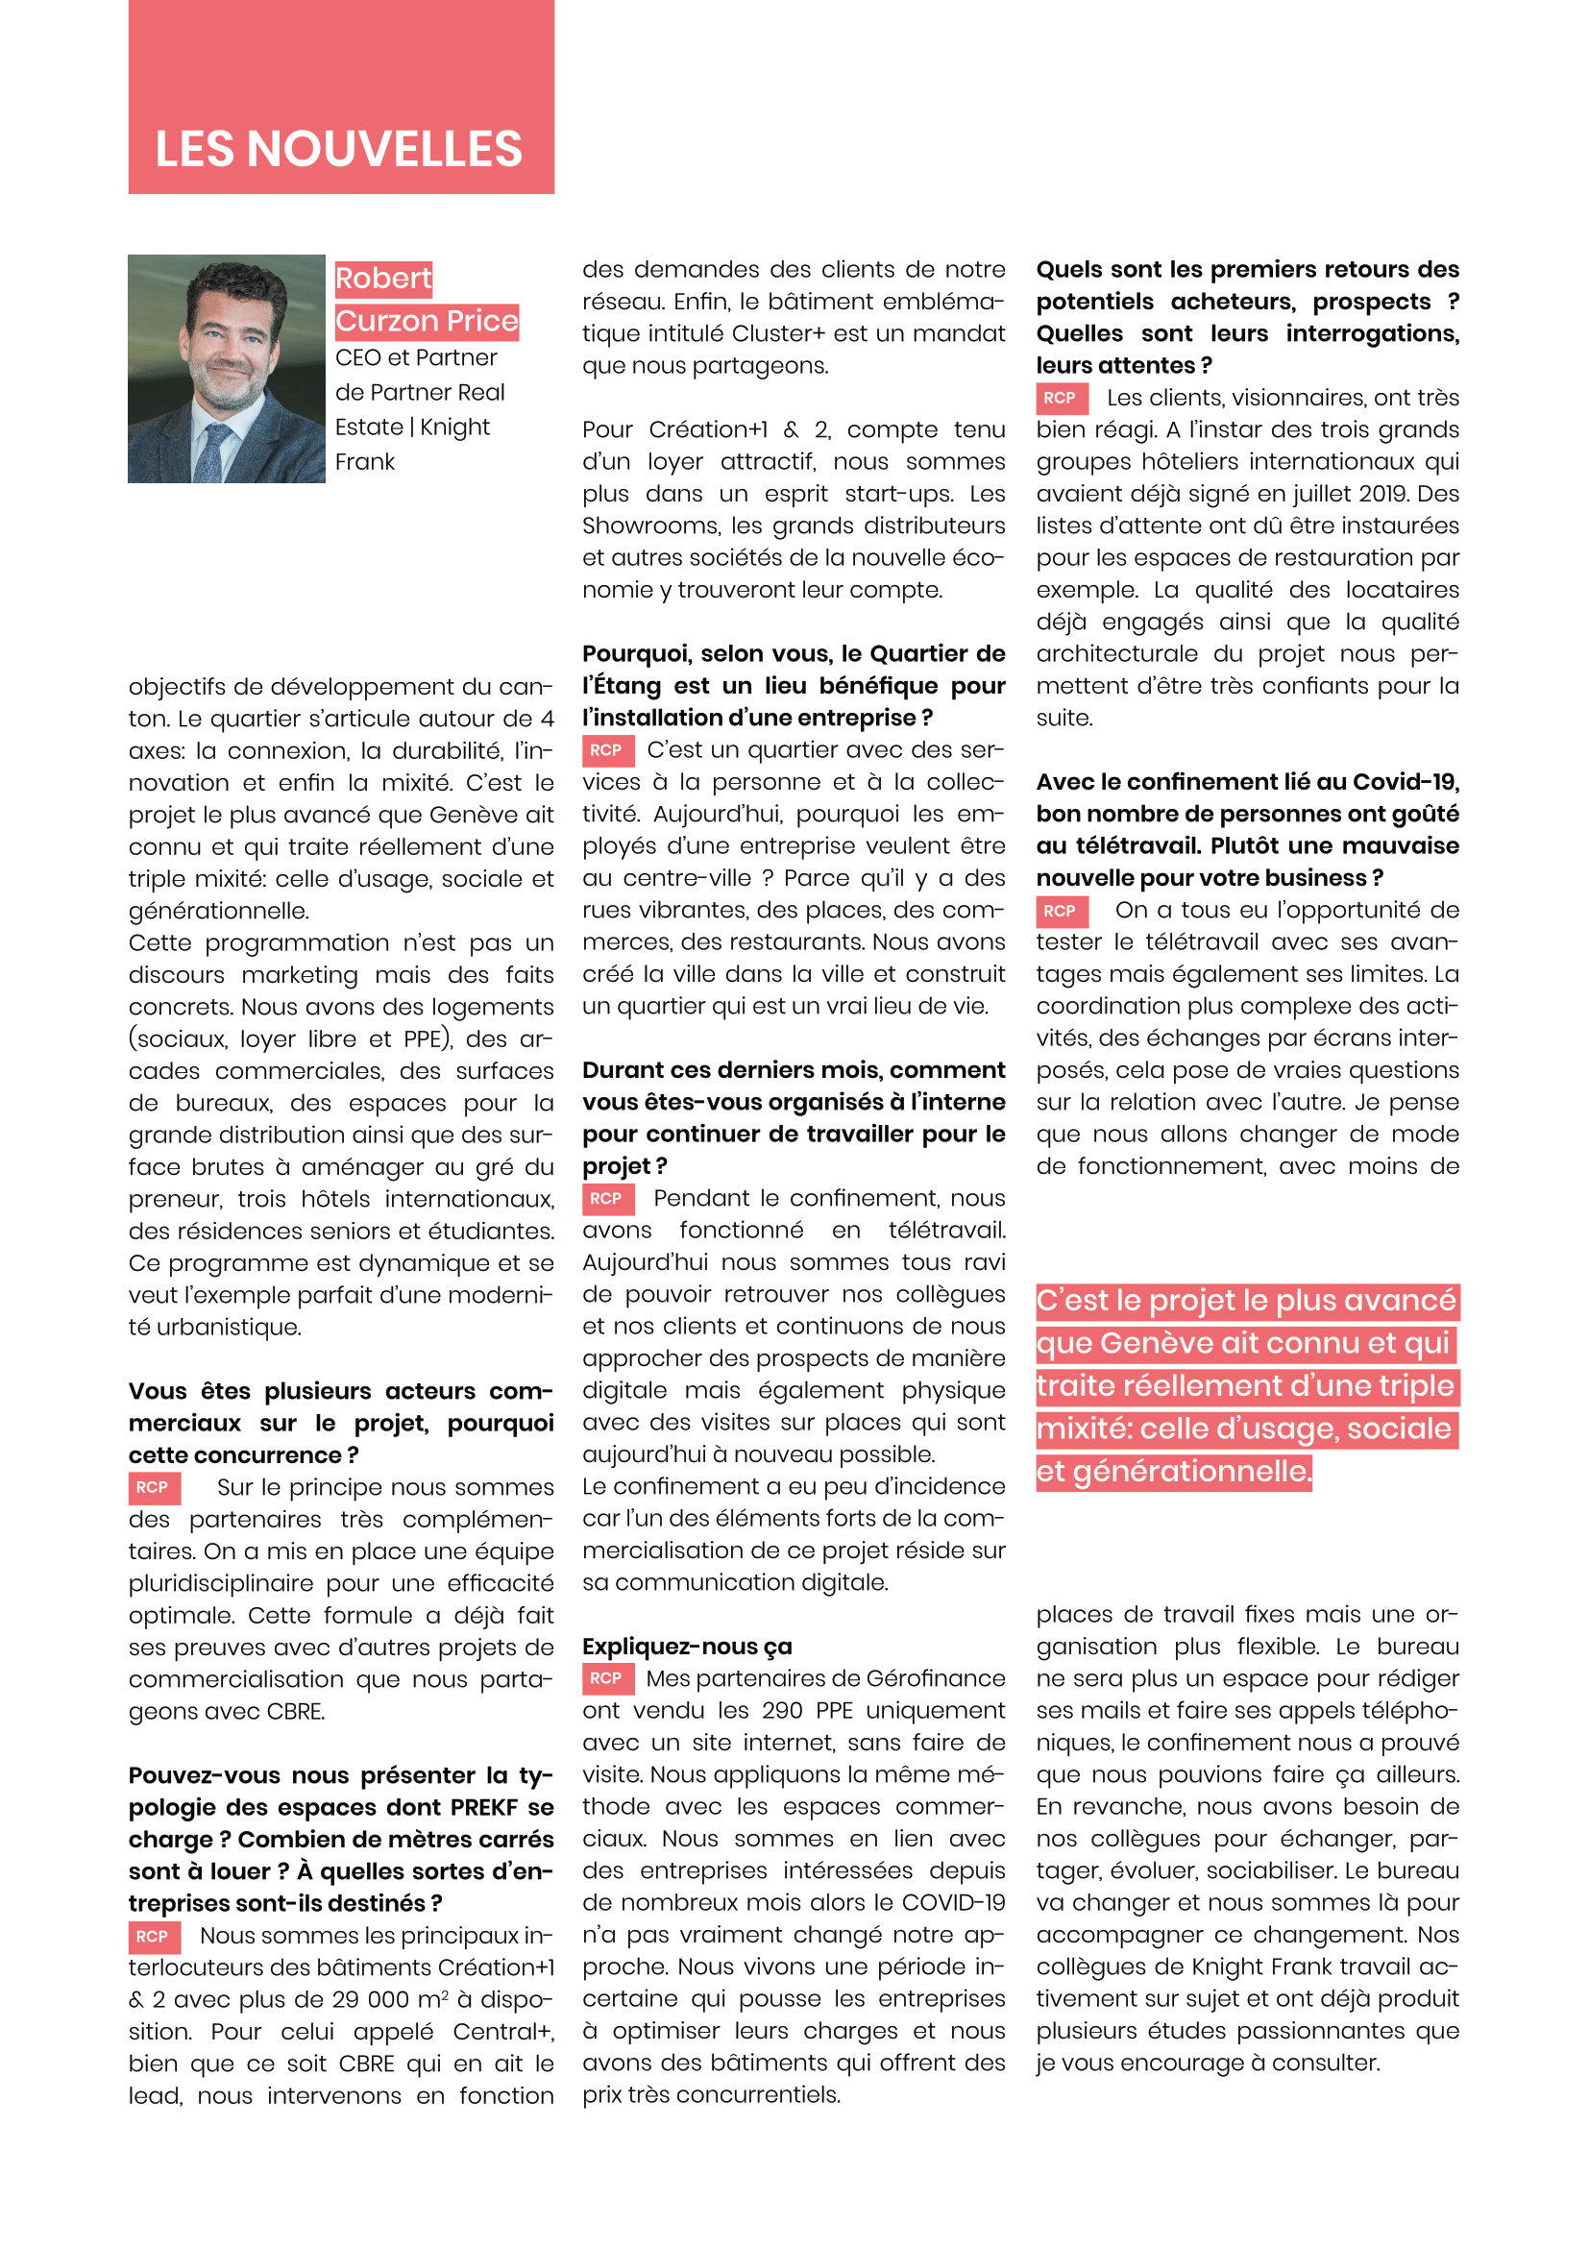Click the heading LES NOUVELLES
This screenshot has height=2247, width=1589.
[338, 149]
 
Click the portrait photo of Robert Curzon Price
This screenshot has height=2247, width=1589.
[226, 368]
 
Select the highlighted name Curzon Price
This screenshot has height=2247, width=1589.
[426, 321]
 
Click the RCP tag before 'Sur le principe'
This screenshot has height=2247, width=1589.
[153, 1487]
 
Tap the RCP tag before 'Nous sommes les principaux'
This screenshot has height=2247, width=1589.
[153, 1936]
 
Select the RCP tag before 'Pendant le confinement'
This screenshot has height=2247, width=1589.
[606, 1198]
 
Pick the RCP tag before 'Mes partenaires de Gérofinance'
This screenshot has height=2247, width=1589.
[606, 1678]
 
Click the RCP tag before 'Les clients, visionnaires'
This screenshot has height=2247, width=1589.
[1061, 398]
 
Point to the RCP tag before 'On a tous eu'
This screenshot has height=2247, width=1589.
[1061, 910]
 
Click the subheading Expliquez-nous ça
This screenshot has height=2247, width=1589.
[687, 1647]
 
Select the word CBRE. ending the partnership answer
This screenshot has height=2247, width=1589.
[296, 1712]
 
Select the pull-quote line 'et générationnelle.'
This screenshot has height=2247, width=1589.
[1173, 1471]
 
